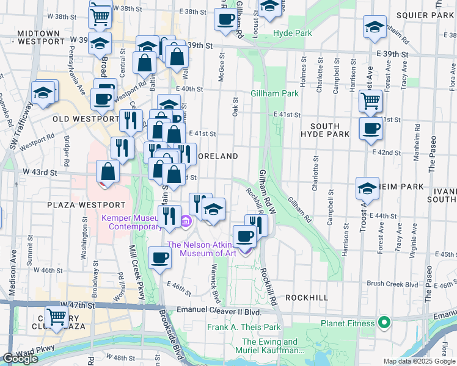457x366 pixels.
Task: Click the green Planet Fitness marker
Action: pos(384,321)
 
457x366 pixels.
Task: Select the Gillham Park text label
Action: pos(274,93)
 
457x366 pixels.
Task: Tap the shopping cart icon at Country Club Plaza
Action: pos(56,317)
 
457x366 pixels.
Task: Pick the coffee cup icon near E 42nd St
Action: pos(370,129)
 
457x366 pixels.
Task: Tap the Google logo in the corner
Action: pos(20,359)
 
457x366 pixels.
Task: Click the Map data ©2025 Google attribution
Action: pos(419,361)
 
